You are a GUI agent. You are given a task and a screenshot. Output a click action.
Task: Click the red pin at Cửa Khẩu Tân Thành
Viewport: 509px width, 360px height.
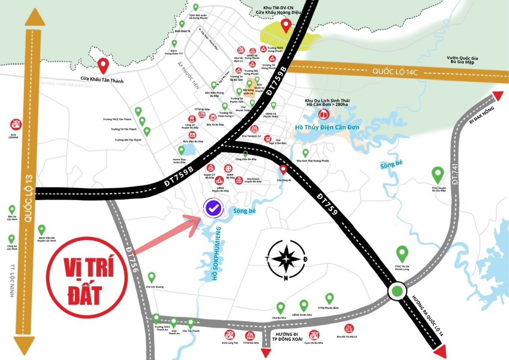(x=104, y=65)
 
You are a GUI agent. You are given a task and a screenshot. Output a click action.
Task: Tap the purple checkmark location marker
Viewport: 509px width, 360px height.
(x=214, y=208)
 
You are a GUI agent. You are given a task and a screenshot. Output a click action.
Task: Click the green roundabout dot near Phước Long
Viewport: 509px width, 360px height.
(x=397, y=292)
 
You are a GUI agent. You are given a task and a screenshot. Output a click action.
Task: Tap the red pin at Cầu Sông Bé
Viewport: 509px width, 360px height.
(x=283, y=170)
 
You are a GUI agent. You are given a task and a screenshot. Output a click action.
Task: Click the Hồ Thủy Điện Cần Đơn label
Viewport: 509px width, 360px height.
(x=327, y=127)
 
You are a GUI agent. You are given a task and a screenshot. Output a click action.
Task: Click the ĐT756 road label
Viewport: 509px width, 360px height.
(x=133, y=259)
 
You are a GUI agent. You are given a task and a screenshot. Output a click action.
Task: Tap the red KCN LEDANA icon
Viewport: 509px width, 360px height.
(x=16, y=125)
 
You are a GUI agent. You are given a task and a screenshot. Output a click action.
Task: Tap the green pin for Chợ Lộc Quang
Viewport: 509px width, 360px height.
(x=151, y=277)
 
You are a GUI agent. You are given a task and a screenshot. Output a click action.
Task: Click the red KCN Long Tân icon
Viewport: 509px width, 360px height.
(x=230, y=335)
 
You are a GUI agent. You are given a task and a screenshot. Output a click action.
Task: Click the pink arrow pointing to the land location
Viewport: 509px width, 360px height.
(x=167, y=235)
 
